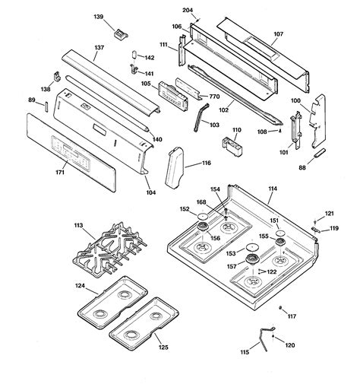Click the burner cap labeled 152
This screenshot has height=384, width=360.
(203, 219)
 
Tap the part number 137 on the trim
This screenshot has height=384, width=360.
(99, 47)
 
